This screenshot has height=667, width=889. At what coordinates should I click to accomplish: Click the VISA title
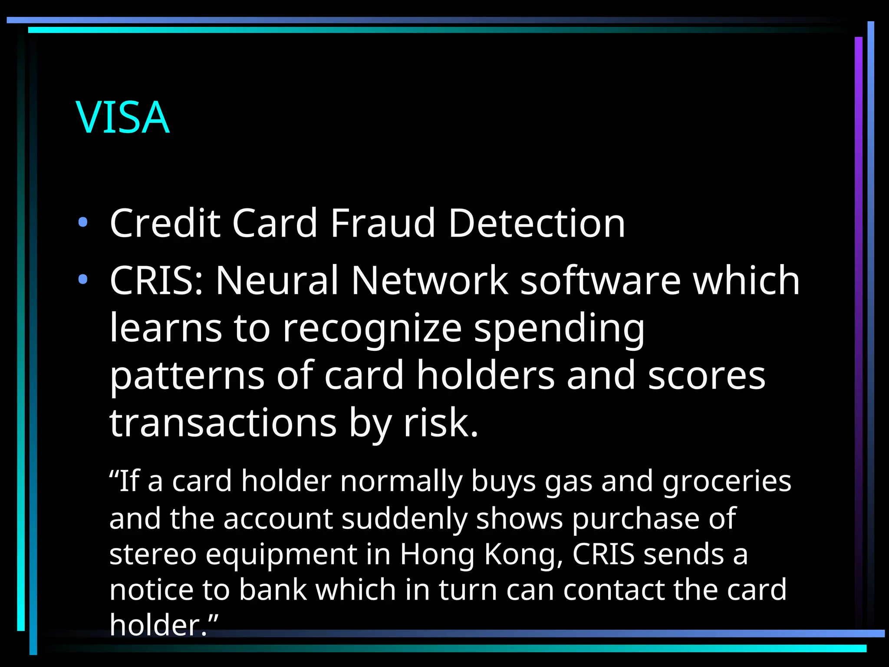tap(123, 117)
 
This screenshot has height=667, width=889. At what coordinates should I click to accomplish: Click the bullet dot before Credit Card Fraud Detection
tap(83, 223)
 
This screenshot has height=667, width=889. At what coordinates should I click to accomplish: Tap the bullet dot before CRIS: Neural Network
tap(83, 279)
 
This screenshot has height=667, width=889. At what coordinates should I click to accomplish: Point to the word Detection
tap(537, 223)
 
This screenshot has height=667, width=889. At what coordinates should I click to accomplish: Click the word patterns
tap(187, 376)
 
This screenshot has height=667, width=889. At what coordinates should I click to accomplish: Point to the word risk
tap(441, 423)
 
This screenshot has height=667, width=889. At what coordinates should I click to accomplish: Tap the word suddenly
tap(404, 518)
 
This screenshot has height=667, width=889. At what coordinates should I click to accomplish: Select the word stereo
tap(153, 555)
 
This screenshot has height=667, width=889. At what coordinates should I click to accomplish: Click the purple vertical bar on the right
tap(858, 304)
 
